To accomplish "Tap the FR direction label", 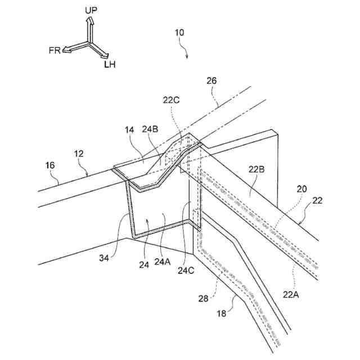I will click(x=55, y=50).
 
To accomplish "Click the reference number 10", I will click(x=179, y=33).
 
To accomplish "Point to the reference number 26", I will click(x=211, y=80).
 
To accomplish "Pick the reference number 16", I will click(x=49, y=165).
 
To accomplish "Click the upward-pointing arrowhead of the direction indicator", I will click(x=89, y=21).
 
